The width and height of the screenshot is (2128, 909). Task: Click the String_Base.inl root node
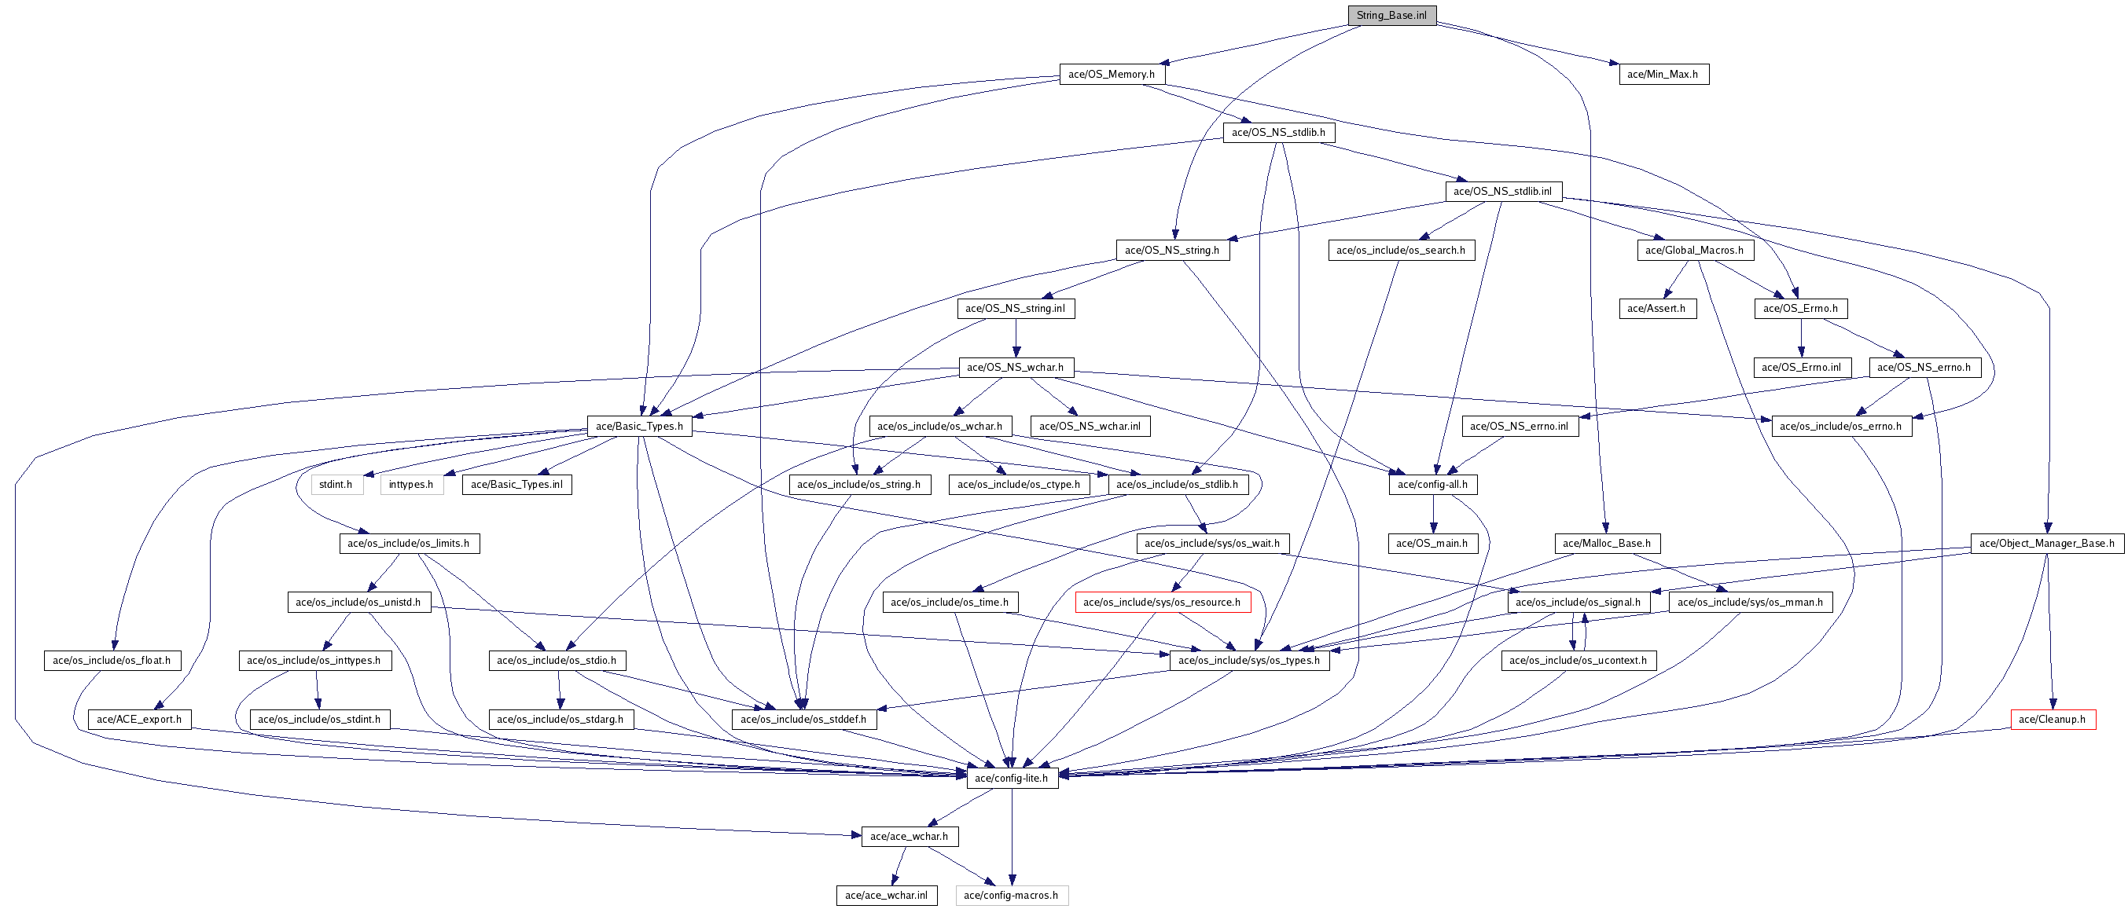click(x=1391, y=15)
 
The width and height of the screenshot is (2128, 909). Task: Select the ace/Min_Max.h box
click(x=1662, y=75)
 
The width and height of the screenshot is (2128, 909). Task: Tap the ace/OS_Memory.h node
click(x=1111, y=75)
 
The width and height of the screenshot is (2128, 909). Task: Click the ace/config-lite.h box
click(x=1011, y=778)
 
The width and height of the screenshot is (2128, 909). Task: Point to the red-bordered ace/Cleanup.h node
click(x=2052, y=719)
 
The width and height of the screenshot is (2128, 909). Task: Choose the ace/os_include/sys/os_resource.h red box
click(x=1162, y=602)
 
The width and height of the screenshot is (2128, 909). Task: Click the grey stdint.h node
click(x=336, y=484)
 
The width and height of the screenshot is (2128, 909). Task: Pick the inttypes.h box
click(x=410, y=484)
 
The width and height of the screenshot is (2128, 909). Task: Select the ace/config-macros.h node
click(x=1010, y=895)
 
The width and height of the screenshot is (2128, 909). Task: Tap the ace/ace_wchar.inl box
click(x=886, y=895)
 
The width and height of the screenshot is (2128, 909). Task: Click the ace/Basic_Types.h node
click(x=639, y=426)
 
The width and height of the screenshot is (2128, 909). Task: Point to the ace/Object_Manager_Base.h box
click(x=2046, y=543)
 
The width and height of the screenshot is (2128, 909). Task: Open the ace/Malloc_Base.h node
click(x=1607, y=543)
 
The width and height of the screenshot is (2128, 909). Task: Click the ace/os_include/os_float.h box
click(x=112, y=661)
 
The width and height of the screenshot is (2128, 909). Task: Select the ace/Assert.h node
click(x=1656, y=309)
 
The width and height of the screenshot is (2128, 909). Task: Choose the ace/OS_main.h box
click(x=1432, y=543)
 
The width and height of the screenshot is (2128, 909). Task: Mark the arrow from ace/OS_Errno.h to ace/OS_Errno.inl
click(x=1801, y=338)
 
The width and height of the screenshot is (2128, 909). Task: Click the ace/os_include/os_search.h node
click(x=1400, y=250)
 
